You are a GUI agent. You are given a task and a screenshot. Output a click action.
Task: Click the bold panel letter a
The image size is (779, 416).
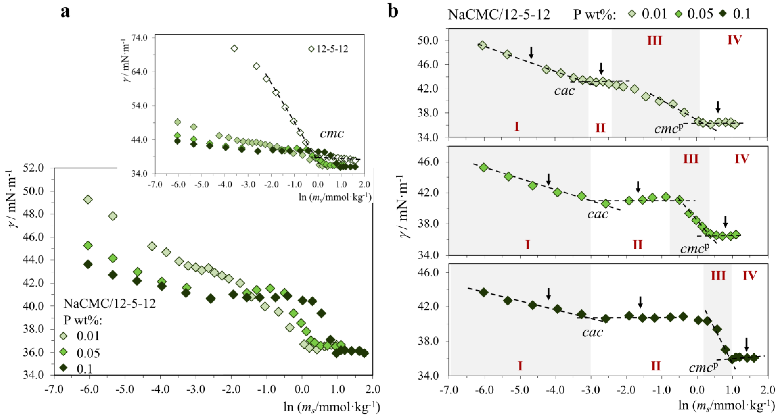tap(65, 12)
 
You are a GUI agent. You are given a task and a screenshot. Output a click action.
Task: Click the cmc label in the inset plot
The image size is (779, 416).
tap(332, 133)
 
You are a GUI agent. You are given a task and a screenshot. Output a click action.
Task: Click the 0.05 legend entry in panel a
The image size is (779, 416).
tap(88, 353)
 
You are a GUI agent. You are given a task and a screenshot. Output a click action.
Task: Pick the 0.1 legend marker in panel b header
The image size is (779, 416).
tap(726, 14)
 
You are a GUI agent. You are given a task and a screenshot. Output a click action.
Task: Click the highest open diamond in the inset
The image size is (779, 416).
tap(234, 48)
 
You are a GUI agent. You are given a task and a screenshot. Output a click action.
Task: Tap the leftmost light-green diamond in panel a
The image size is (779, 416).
tap(88, 199)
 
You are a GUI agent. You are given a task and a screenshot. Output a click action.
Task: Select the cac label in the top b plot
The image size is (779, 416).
tap(564, 90)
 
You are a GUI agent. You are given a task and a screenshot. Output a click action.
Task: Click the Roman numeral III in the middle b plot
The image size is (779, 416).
tap(691, 159)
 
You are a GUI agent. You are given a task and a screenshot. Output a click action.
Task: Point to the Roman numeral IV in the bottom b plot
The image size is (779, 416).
tap(750, 276)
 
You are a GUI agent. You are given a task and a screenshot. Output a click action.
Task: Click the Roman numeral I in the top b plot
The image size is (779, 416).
tap(517, 126)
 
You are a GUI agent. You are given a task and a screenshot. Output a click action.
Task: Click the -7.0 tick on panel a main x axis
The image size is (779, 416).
tap(54, 389)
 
